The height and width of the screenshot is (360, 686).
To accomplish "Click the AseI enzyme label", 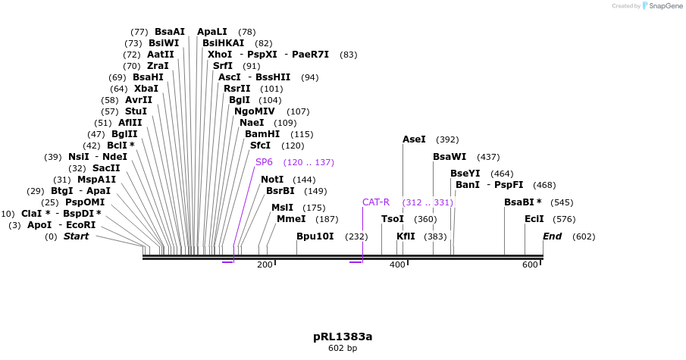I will click(414, 139).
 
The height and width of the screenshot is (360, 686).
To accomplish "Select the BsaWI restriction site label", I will click(450, 157).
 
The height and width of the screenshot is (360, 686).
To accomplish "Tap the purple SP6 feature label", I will click(264, 162).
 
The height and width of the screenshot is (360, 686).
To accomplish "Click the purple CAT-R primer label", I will click(375, 202).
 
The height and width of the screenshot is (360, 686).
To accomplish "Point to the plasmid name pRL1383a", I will click(343, 337).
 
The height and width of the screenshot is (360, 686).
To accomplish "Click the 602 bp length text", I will click(343, 349).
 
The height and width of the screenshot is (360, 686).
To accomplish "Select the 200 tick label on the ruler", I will click(265, 265).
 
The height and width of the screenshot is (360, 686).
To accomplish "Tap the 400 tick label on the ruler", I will click(397, 265).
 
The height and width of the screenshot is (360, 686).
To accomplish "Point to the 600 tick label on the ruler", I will click(530, 265).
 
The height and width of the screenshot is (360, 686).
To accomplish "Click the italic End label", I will click(552, 236).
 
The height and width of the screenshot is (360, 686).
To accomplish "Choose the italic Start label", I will click(76, 236).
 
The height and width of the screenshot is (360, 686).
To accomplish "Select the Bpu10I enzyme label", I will click(315, 236).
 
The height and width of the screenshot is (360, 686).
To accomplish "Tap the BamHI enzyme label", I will click(262, 133).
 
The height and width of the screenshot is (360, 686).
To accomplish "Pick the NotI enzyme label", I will click(272, 180).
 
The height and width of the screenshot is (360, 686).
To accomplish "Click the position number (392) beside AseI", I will click(448, 139).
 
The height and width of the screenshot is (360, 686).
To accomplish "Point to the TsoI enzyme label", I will click(393, 219).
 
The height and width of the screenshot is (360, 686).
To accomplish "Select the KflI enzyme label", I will click(406, 236).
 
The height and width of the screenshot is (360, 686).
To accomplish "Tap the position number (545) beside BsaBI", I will click(562, 202).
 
